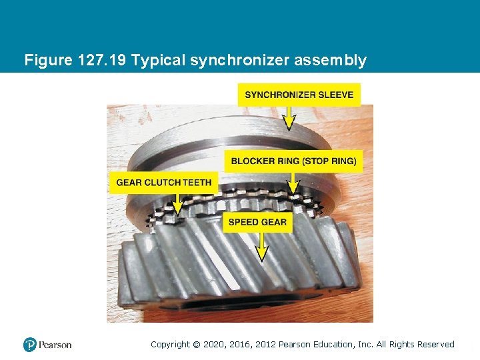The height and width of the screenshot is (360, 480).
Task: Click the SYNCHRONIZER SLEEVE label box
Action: point(299,95)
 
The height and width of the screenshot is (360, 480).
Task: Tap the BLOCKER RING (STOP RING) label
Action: point(293,161)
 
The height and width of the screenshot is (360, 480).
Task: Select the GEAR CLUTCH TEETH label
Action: point(164,183)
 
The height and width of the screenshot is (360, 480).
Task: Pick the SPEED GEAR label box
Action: point(257,222)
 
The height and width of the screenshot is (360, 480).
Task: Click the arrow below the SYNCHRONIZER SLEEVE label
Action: point(289,119)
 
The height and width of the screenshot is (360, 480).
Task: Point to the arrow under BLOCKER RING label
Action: point(293,184)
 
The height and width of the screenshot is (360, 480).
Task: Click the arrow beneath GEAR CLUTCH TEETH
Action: point(178,205)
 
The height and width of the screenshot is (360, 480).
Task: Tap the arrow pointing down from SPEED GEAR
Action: point(261,247)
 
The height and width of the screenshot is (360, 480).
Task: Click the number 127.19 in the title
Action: point(101,60)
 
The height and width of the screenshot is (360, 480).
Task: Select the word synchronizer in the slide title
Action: point(240,60)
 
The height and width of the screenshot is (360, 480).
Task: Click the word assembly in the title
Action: point(330,60)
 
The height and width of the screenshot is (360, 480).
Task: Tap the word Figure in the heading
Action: point(49,60)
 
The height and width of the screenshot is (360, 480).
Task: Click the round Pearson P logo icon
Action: point(30,345)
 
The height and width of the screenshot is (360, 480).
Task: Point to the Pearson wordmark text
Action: point(55,345)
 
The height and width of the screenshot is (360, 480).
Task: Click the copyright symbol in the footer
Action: point(197,345)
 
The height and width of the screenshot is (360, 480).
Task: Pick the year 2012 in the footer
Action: point(265,345)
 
